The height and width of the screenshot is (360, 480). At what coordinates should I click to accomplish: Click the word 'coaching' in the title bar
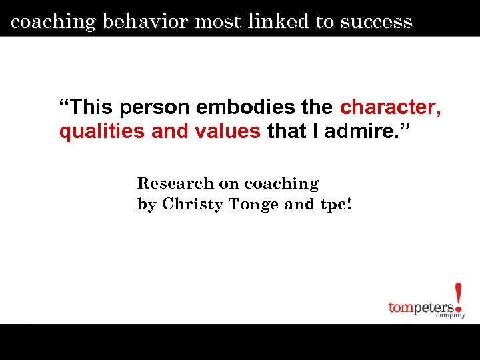[x=54, y=22]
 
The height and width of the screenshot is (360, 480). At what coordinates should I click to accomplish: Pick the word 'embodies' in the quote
[x=230, y=107]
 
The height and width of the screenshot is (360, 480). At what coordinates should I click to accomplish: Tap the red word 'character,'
[x=390, y=107]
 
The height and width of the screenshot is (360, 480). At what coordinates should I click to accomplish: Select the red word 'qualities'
[x=102, y=131]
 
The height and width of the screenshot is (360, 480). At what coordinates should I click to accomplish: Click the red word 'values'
[x=227, y=131]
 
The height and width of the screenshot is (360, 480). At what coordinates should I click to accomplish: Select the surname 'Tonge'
[x=254, y=204]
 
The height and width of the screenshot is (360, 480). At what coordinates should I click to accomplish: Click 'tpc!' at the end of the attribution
[x=335, y=204]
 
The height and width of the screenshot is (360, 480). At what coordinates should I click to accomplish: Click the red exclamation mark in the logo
[x=458, y=297]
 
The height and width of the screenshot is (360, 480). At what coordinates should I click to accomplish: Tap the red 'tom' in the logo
[x=401, y=307]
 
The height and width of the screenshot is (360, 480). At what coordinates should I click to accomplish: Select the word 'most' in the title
[x=219, y=22]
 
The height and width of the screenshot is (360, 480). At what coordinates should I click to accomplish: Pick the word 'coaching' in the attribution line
[x=281, y=183]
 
